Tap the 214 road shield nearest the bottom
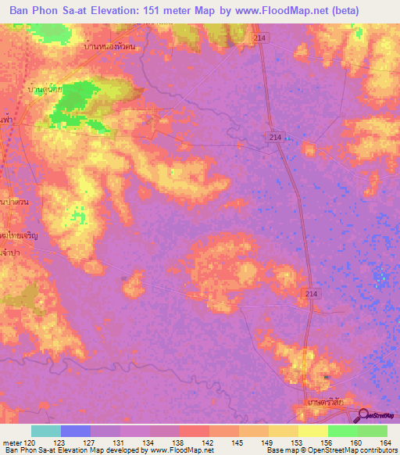[x=310, y=292]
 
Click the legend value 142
[x=208, y=442]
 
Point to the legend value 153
[x=297, y=442]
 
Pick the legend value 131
[x=120, y=442]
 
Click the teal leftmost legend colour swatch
[x=45, y=431]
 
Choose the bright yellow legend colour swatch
[x=312, y=431]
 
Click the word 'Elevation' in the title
[x=127, y=11]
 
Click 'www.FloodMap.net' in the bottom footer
[x=182, y=450]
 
